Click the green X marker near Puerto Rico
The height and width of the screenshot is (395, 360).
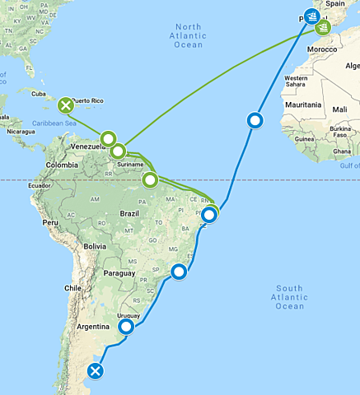click(66, 105)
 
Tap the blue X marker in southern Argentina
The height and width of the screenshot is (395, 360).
click(96, 372)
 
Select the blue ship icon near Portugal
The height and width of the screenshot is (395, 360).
click(311, 16)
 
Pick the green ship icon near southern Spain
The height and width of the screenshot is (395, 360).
click(324, 28)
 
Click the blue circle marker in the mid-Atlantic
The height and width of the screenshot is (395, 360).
click(255, 121)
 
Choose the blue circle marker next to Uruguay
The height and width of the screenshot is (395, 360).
click(126, 327)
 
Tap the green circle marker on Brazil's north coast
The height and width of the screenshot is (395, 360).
click(150, 179)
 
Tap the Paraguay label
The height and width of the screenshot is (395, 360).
click(119, 273)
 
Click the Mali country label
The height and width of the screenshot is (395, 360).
click(340, 109)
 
